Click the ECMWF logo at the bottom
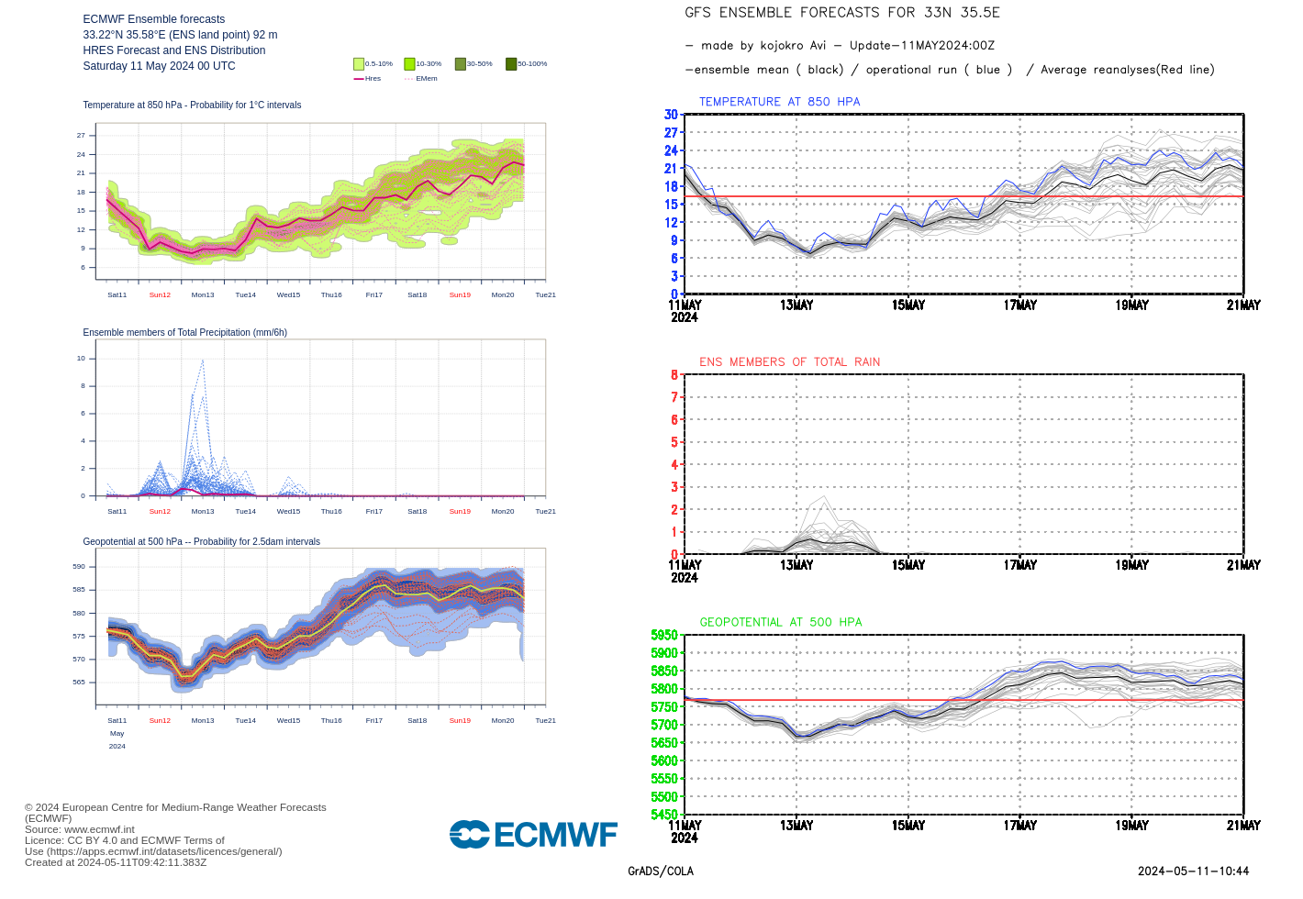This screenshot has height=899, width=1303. pos(533,835)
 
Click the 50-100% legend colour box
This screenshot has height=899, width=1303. pos(511,64)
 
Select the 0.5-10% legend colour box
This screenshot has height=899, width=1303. pos(359,64)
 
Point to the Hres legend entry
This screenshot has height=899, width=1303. pos(367,79)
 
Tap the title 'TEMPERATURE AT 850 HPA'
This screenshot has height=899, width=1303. pos(779,102)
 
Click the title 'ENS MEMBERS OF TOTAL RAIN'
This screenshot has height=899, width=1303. pos(789,362)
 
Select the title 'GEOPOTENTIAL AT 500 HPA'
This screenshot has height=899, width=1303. pos(781,622)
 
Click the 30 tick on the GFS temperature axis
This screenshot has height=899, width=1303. pos(671,115)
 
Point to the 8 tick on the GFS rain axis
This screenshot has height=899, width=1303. pos(674,374)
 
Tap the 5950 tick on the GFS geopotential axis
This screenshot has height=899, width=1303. pos(664,635)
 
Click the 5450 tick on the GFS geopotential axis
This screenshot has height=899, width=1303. pos(664,815)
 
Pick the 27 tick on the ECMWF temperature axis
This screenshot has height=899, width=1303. pos(81,135)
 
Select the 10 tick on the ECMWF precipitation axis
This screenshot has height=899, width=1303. pos(81,359)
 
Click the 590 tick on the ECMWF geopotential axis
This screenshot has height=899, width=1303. pos(79,567)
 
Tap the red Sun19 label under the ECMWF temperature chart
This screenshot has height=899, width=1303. pos(460,295)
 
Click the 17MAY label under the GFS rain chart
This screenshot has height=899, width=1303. pos(1019,565)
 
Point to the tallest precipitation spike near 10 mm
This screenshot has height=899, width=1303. pos(202,361)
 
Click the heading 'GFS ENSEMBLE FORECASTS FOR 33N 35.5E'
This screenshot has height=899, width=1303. pos(842,13)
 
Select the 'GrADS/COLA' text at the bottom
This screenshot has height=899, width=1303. pos(661,871)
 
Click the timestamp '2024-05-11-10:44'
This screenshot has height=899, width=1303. pos(1193,871)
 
